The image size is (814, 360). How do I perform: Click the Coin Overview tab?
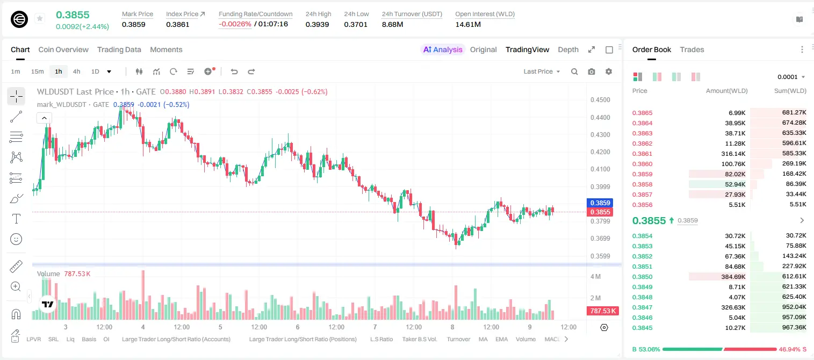[63, 49]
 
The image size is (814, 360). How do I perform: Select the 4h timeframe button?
[76, 71]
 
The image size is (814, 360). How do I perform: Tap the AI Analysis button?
[443, 49]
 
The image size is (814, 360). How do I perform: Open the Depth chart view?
[568, 49]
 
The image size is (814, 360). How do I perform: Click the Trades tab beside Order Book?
[692, 49]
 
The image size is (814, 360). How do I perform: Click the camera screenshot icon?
[592, 71]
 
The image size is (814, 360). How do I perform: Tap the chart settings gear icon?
[609, 71]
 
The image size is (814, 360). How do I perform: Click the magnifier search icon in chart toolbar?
[574, 71]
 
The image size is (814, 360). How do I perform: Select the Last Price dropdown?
[542, 71]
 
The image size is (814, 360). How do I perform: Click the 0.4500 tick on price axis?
[600, 100]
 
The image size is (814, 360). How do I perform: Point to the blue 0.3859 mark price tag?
[600, 203]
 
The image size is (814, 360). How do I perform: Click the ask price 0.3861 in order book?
[642, 154]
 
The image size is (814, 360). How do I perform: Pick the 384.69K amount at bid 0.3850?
[733, 277]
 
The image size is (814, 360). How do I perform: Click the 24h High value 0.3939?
[317, 24]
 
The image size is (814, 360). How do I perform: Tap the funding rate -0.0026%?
[235, 24]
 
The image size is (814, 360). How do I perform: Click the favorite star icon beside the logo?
[40, 18]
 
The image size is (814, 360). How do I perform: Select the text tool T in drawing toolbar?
[16, 219]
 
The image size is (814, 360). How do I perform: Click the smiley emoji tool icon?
[16, 239]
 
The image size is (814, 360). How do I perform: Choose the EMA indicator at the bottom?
[501, 339]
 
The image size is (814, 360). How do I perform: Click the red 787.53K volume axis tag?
[602, 311]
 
